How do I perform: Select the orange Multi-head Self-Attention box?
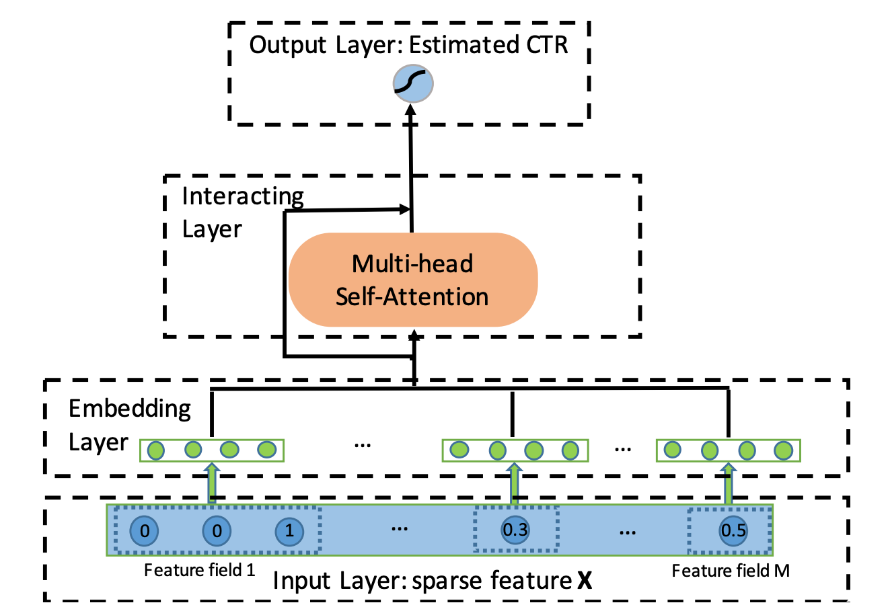[x=413, y=280]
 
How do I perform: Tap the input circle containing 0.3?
[x=515, y=530]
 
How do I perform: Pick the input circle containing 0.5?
[x=733, y=530]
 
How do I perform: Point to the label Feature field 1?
[x=200, y=571]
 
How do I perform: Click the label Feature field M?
[x=731, y=571]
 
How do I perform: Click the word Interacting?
[x=243, y=196]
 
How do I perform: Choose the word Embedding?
[x=130, y=409]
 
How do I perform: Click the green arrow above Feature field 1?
[x=212, y=483]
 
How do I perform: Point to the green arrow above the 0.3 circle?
[x=515, y=483]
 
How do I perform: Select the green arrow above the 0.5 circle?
[x=728, y=483]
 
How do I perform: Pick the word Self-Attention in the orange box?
[x=412, y=296]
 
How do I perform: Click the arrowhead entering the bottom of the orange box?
[x=414, y=335]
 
